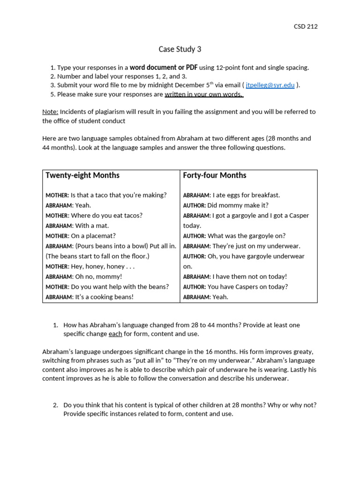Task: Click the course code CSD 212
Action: coord(305,27)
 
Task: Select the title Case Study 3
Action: coord(180,49)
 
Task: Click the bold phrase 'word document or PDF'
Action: coord(164,67)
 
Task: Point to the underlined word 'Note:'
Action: coord(50,112)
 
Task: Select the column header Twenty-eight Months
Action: coord(82,175)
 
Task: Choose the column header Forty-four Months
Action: coord(214,175)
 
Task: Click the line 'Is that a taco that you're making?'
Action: coord(119,195)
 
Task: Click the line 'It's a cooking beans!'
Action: coord(104,297)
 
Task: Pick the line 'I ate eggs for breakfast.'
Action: coord(246,195)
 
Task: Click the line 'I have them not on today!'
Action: coord(249,277)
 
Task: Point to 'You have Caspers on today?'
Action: coord(247,287)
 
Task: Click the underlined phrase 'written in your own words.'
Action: coord(203,94)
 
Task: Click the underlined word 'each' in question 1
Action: coord(115,334)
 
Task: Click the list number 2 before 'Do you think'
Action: coord(55,405)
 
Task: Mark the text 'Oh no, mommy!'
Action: coord(99,277)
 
